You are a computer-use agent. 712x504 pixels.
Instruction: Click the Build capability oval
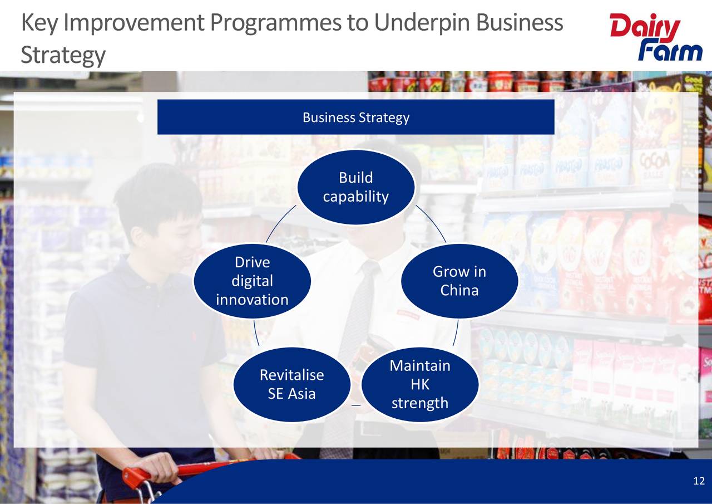(356, 187)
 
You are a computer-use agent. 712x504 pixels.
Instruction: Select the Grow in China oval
(459, 281)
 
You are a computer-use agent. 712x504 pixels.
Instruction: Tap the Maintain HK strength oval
(420, 384)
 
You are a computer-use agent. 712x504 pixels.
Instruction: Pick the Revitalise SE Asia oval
(291, 384)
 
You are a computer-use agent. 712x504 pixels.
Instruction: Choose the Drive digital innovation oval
(252, 281)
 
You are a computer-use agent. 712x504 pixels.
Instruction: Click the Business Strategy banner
(356, 117)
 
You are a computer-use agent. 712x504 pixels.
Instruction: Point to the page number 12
(699, 481)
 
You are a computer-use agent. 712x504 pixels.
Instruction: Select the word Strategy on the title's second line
(63, 55)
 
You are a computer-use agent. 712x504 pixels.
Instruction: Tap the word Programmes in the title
(280, 23)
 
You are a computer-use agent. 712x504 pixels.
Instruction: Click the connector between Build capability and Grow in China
(431, 224)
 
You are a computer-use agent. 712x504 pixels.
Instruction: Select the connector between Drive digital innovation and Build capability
(281, 224)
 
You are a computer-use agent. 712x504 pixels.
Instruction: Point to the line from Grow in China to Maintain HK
(456, 333)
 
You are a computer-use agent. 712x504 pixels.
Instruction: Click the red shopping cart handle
(167, 471)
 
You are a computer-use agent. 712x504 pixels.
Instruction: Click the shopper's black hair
(159, 195)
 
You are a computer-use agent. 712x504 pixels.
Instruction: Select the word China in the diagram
(459, 290)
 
